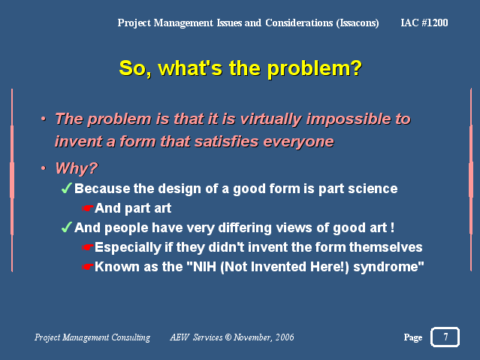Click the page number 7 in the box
[445, 337]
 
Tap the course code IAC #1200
[424, 23]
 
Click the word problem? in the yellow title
[315, 69]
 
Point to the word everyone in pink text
[298, 142]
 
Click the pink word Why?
[76, 168]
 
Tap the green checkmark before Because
[67, 188]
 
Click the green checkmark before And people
[67, 227]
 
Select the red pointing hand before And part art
[88, 208]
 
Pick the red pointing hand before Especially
[88, 247]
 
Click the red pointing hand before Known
[88, 267]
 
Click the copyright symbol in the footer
[228, 337]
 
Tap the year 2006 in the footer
[285, 337]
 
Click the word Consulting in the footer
[131, 337]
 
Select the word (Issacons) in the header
[358, 23]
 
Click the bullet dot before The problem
[44, 119]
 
